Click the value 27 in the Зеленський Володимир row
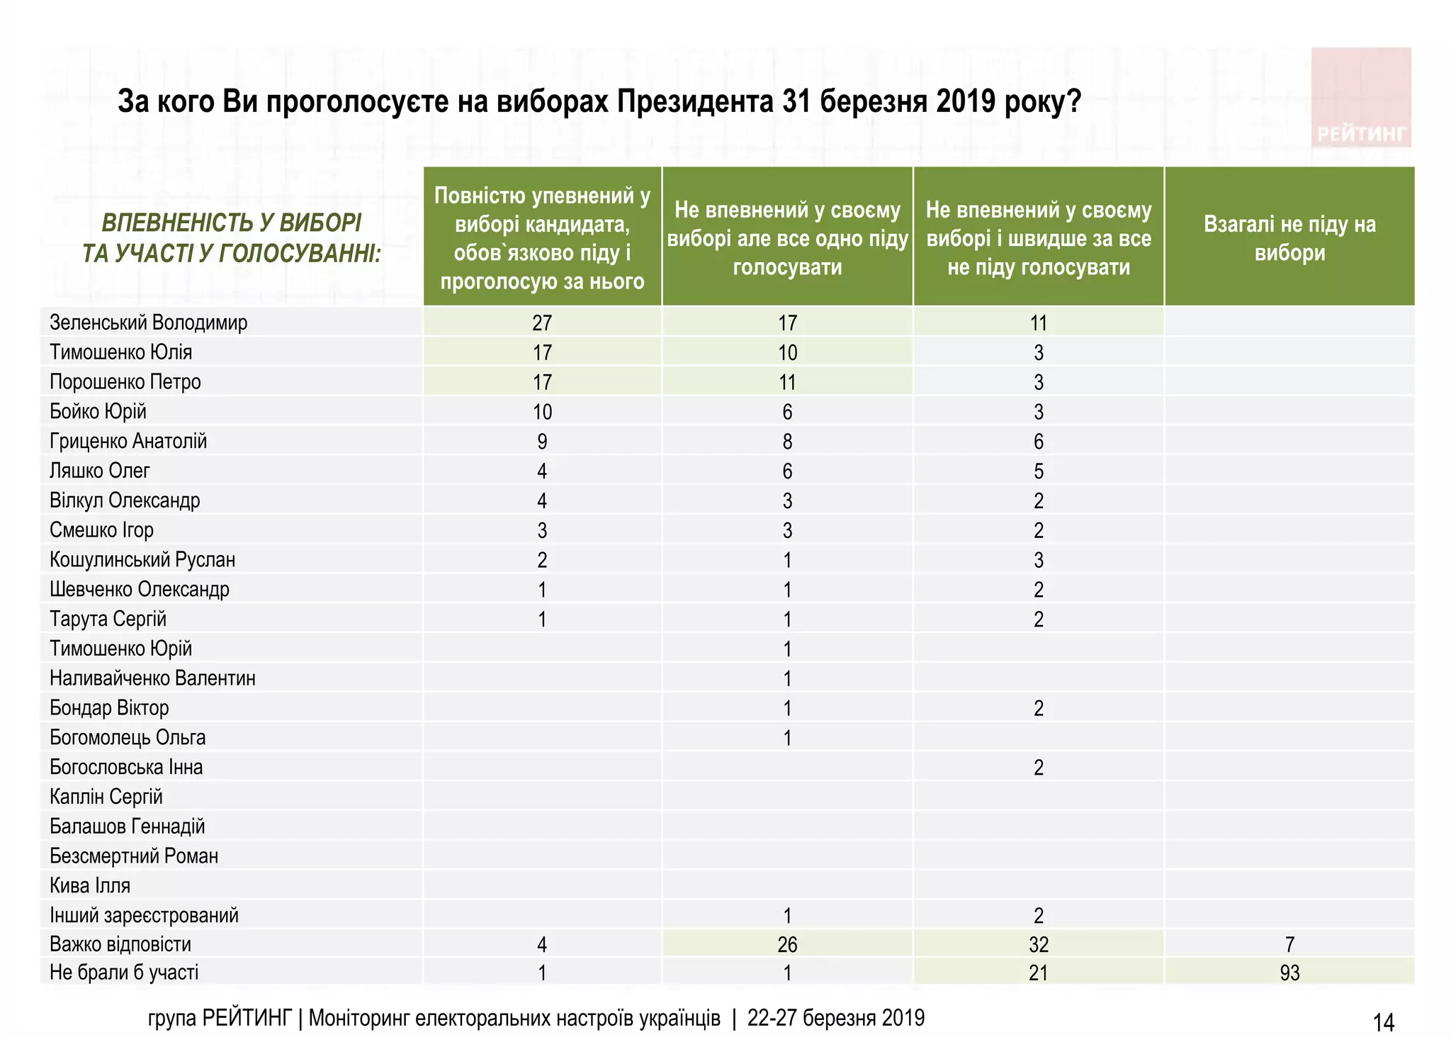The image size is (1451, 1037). click(x=542, y=323)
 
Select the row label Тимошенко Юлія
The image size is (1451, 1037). click(x=120, y=352)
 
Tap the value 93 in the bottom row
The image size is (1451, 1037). click(x=1289, y=972)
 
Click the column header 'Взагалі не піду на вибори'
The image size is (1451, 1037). click(x=1289, y=238)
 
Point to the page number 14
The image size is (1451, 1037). click(x=1383, y=1022)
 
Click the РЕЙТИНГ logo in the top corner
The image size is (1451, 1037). click(x=1361, y=98)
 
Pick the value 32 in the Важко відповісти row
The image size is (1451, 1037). click(x=1039, y=944)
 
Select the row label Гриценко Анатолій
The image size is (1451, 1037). click(x=128, y=441)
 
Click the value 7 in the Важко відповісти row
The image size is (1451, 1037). click(x=1289, y=944)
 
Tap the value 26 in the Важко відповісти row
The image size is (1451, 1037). click(x=787, y=944)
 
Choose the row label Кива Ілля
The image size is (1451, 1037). click(x=90, y=885)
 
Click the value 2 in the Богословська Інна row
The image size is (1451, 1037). click(x=1039, y=768)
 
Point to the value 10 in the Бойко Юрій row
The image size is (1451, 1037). click(x=542, y=412)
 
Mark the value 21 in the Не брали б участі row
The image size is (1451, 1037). click(x=1039, y=972)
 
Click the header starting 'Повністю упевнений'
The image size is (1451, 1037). click(x=542, y=238)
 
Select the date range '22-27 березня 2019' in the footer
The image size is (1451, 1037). click(x=836, y=1019)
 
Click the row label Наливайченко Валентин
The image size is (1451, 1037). click(x=152, y=678)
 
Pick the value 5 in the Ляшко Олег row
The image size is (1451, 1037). click(x=1039, y=471)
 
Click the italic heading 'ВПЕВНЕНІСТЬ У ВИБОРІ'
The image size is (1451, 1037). click(x=232, y=223)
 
